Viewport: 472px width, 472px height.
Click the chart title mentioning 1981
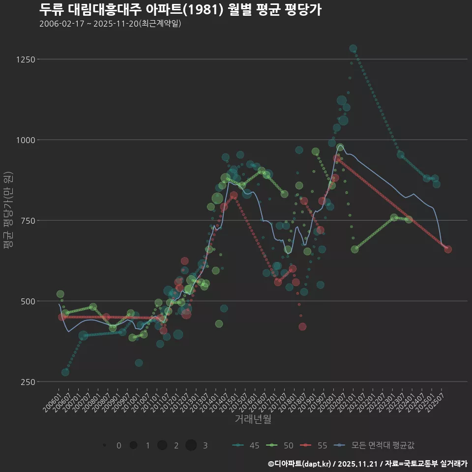click(x=180, y=9)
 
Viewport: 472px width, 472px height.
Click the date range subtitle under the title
click(x=110, y=24)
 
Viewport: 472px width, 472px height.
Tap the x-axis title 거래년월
click(x=253, y=419)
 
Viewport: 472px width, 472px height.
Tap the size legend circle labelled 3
click(x=191, y=445)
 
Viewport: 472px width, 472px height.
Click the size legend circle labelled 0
click(x=104, y=445)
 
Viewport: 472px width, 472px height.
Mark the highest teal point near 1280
click(x=353, y=49)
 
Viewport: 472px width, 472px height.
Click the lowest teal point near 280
click(x=65, y=372)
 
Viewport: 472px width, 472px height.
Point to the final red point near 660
click(x=448, y=249)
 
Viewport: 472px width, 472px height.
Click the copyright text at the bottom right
click(x=367, y=464)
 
